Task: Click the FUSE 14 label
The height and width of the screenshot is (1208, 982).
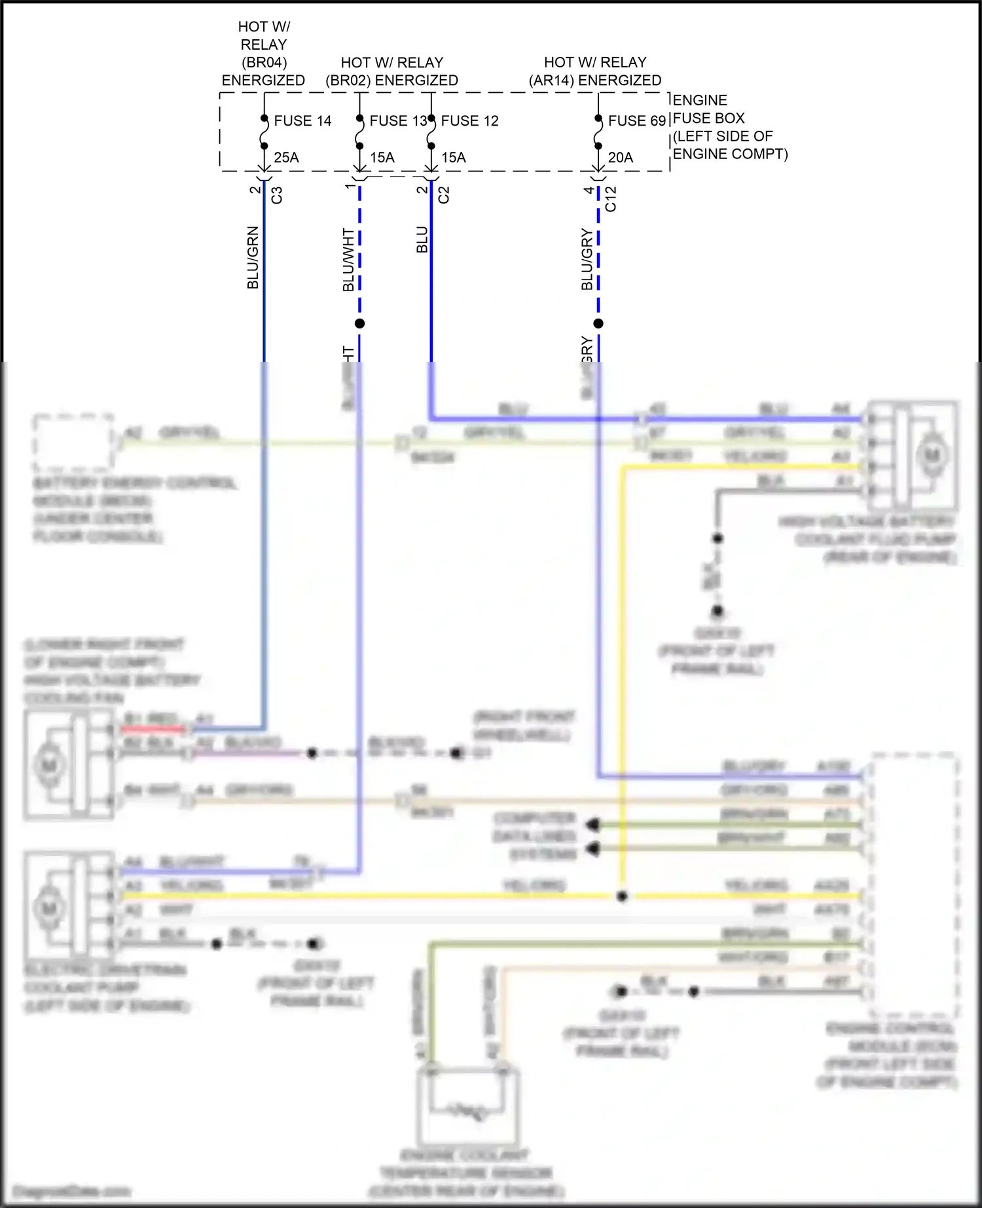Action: (302, 121)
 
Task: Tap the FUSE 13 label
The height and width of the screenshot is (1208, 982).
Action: (397, 121)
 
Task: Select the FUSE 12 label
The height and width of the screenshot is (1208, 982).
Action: (469, 121)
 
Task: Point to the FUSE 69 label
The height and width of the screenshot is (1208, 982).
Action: (636, 121)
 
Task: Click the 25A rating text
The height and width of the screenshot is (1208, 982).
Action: (286, 158)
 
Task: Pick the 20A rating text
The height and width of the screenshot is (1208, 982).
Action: (620, 158)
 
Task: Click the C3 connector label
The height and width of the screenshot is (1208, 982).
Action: (277, 195)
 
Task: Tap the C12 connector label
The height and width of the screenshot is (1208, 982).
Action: (611, 199)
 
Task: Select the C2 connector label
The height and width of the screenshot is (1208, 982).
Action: (444, 195)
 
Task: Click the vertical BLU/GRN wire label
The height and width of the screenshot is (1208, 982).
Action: (253, 258)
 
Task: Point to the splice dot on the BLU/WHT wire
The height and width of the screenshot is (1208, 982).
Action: (359, 323)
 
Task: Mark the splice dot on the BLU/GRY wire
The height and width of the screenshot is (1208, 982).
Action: (598, 323)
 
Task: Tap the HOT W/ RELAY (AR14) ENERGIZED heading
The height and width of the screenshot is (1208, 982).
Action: (595, 71)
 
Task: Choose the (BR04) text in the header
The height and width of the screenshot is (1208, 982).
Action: (264, 63)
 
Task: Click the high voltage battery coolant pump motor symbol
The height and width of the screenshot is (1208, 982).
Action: (932, 455)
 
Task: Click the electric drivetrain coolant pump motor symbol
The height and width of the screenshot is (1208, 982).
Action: (49, 908)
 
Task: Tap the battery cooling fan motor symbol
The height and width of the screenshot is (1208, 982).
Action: (49, 764)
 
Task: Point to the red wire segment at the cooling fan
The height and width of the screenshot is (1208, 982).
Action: (154, 728)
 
